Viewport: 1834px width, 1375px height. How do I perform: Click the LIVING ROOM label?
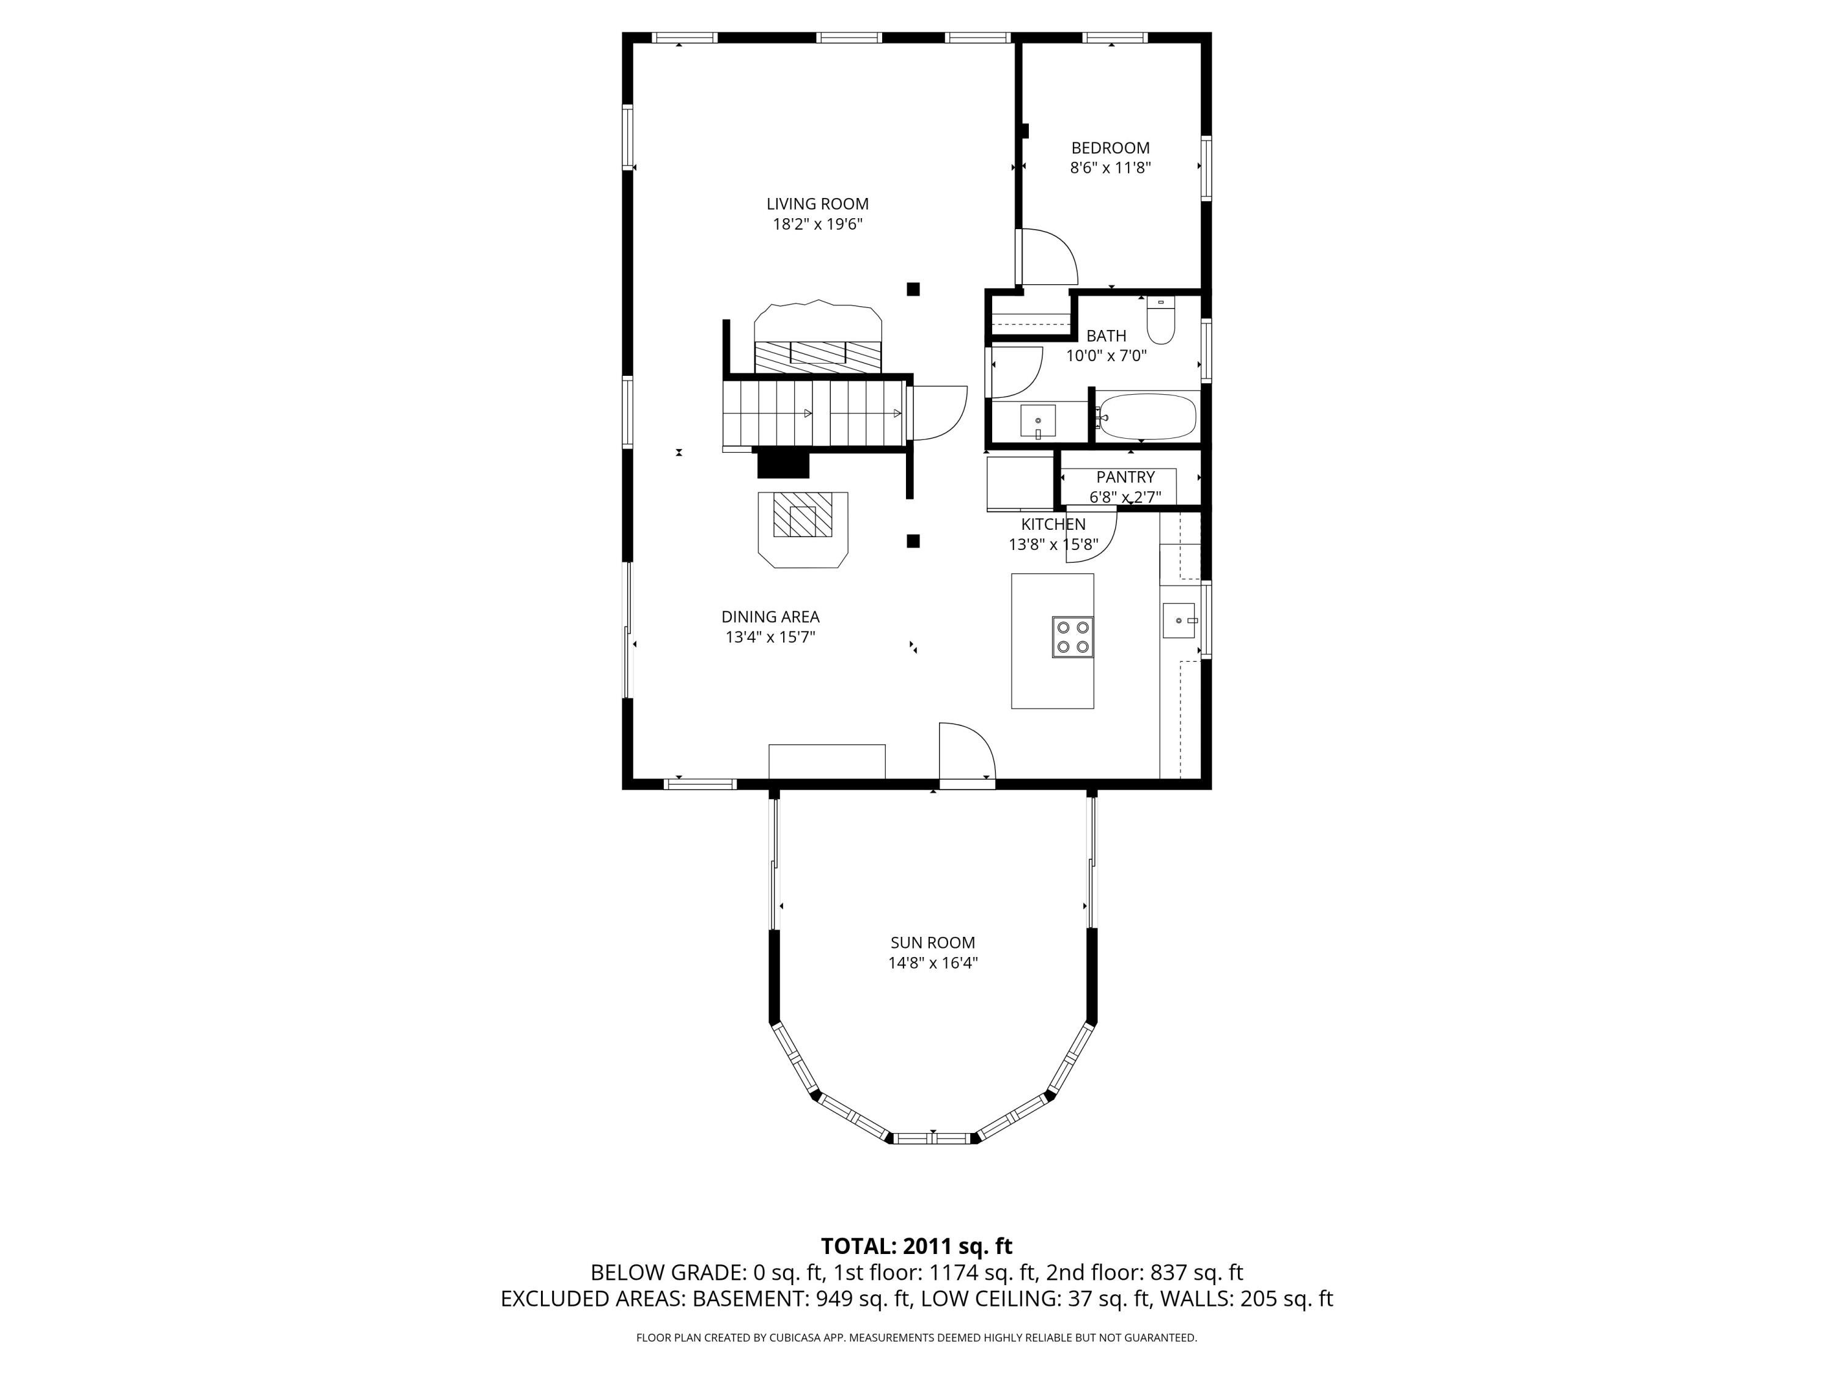[817, 204]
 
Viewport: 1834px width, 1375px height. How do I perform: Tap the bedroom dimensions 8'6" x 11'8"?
[1110, 168]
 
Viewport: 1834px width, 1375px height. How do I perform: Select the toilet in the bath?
[1161, 323]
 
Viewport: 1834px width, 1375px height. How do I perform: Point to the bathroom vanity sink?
[1037, 421]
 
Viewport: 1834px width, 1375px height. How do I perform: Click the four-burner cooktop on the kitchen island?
[1072, 637]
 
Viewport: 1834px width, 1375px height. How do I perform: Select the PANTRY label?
[1125, 477]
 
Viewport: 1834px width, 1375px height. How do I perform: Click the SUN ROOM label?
[933, 942]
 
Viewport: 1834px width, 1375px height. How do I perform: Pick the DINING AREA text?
[770, 617]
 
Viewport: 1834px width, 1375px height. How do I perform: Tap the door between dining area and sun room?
[966, 754]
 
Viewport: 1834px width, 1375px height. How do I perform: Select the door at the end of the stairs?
[937, 413]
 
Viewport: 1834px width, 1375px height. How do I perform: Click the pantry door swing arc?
[1093, 539]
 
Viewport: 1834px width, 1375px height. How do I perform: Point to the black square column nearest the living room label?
[913, 289]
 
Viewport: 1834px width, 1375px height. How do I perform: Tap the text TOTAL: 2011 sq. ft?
[916, 1247]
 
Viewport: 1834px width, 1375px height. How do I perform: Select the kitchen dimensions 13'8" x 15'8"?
[1053, 544]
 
